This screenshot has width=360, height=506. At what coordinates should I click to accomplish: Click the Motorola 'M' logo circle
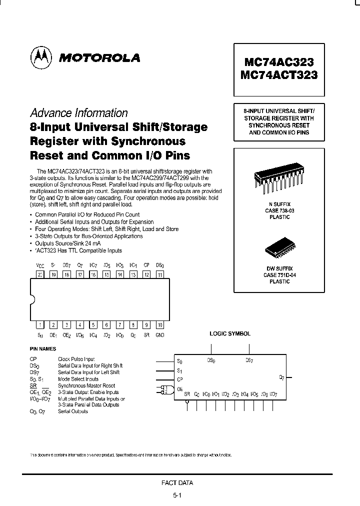[x=41, y=57]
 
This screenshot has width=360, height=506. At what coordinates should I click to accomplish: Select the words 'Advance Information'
[x=79, y=113]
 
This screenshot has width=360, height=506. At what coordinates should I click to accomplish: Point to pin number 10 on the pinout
[x=159, y=325]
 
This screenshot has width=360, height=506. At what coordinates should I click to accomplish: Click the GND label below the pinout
[x=160, y=335]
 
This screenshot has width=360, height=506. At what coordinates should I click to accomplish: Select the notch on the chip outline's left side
[x=32, y=299]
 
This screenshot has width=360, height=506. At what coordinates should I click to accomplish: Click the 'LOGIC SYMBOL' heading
[x=230, y=333]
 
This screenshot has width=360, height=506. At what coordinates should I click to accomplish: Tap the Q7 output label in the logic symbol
[x=281, y=377]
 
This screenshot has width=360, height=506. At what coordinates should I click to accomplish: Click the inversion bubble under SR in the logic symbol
[x=187, y=402]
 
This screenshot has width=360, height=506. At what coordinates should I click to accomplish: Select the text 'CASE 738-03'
[x=279, y=211]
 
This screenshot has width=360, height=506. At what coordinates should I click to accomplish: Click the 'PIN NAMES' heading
[x=42, y=349]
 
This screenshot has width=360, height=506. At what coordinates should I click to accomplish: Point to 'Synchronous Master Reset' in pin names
[x=86, y=385]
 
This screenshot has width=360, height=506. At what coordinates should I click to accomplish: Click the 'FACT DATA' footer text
[x=177, y=482]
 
